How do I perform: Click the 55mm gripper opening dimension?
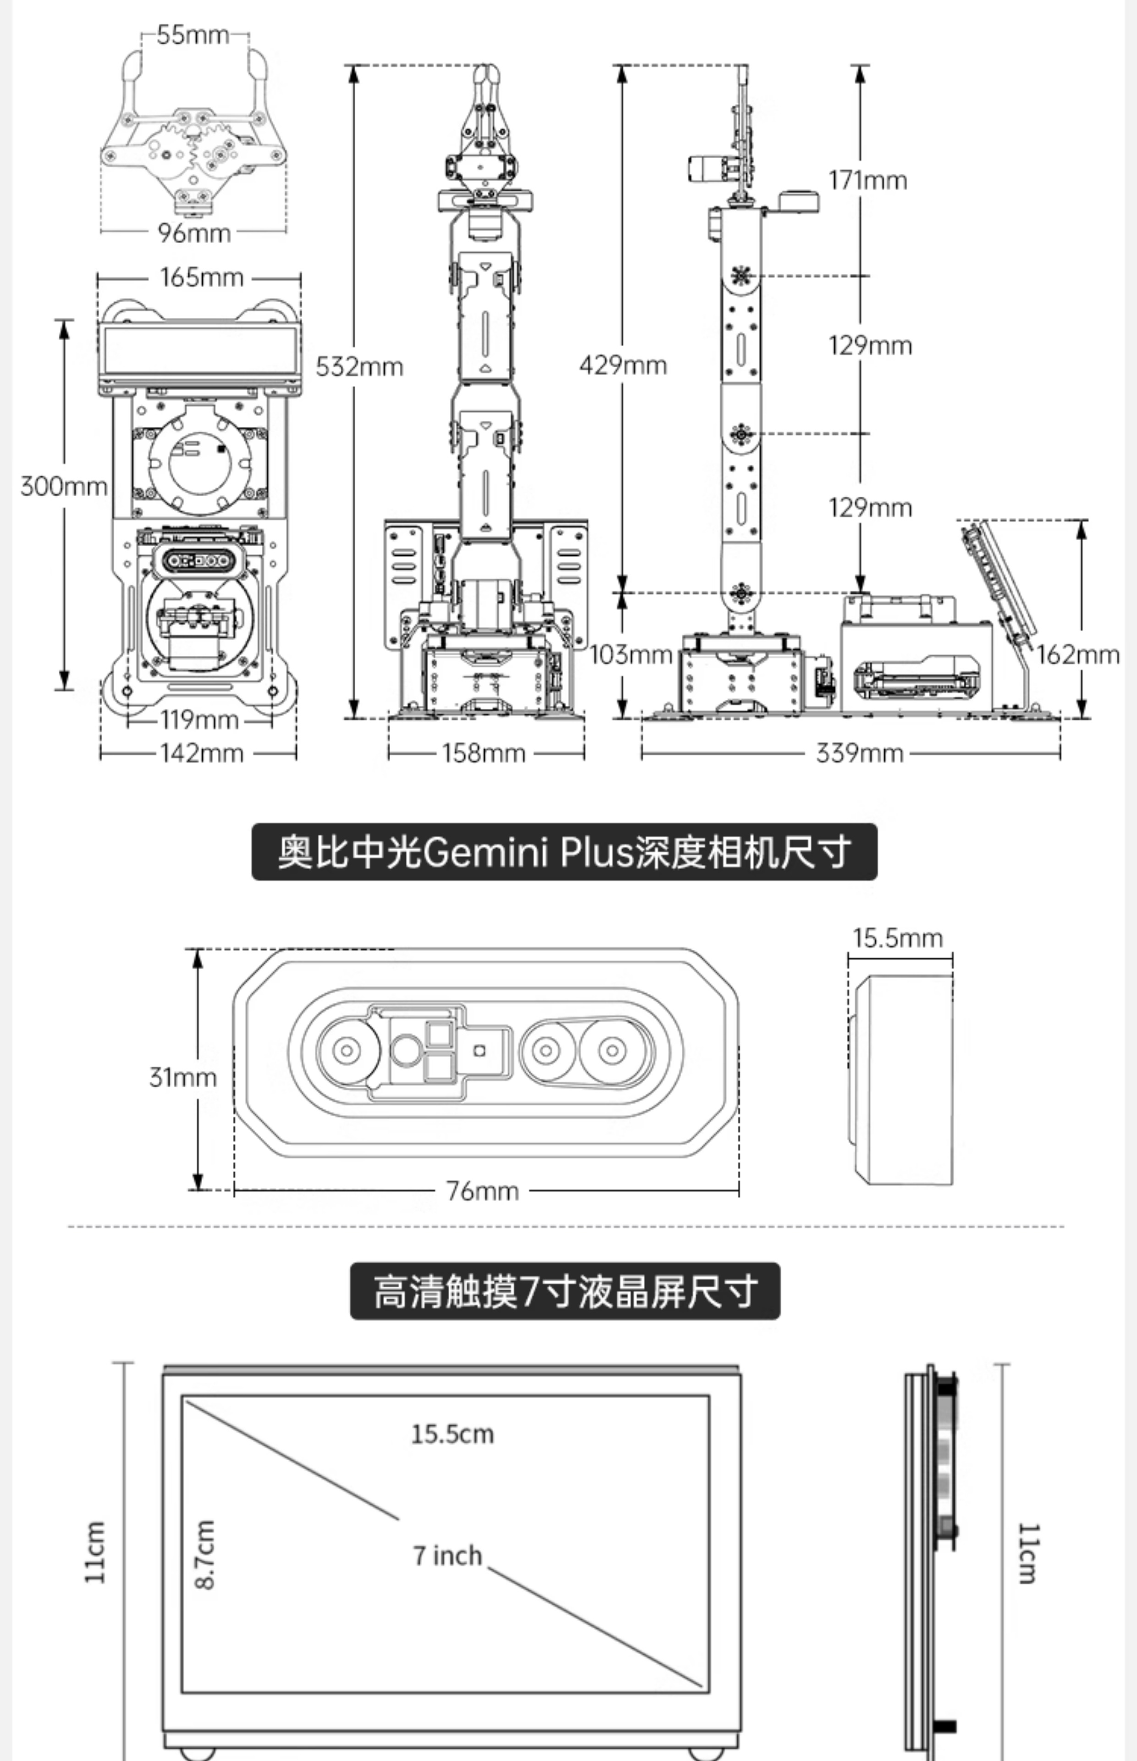pos(193,35)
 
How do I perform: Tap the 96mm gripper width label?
pos(194,233)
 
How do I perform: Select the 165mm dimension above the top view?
pos(202,277)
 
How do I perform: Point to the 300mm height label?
pos(63,487)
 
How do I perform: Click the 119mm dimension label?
pos(199,719)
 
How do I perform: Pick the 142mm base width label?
pos(202,753)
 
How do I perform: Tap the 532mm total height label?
pos(359,366)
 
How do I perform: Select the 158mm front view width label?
pos(484,753)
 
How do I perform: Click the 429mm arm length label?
pos(623,365)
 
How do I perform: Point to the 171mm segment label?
pos(867,180)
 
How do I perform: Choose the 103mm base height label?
pos(631,654)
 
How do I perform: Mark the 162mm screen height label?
pos(1078,654)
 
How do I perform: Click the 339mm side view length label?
pos(859,753)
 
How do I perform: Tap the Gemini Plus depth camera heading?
pos(565,852)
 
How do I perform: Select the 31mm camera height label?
pos(183,1077)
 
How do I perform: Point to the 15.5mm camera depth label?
pos(898,938)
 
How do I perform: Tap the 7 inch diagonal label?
pos(447,1556)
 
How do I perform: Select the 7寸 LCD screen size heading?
pos(565,1291)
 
